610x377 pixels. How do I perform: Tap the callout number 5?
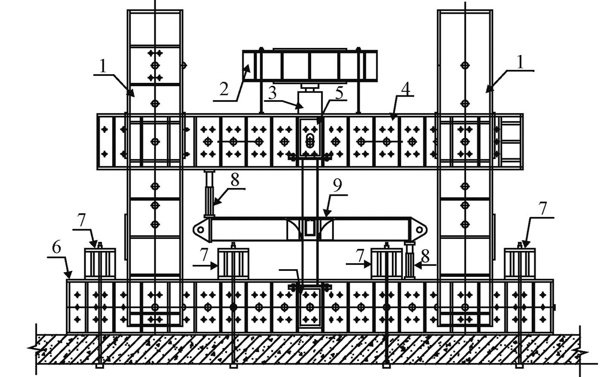[340, 93]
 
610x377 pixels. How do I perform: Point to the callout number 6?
[56, 248]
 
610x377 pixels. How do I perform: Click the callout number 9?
[338, 185]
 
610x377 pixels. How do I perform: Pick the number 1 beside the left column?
[102, 66]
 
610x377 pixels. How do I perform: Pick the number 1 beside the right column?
[520, 63]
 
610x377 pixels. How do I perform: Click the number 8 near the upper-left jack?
[235, 180]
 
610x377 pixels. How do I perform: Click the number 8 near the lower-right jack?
[425, 256]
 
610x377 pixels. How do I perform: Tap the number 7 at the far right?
[543, 209]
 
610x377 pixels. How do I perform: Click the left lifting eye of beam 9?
[201, 230]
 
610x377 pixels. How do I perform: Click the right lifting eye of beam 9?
[420, 230]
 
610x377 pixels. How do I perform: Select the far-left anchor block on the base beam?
[100, 263]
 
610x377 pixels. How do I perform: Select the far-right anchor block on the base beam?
[520, 263]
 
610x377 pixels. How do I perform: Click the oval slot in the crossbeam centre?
[310, 141]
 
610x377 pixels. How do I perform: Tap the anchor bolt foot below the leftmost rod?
[100, 366]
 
